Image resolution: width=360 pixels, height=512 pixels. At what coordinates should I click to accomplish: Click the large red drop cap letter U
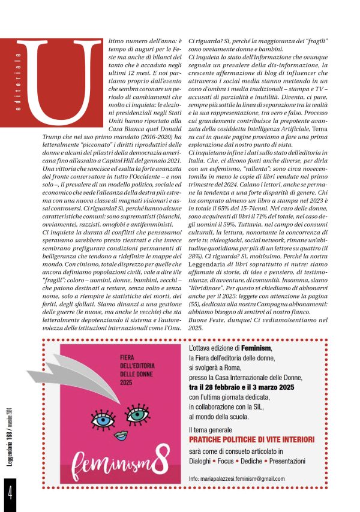click(65, 78)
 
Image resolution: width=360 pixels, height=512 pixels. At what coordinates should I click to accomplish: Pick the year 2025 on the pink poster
click(109, 382)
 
